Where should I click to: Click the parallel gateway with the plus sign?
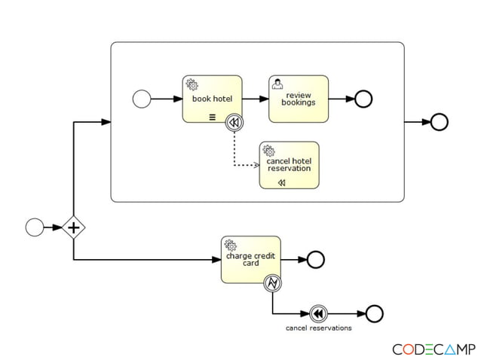(73, 227)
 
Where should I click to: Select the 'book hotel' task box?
(212, 99)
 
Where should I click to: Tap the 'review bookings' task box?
(299, 99)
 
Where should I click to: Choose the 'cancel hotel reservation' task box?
(289, 165)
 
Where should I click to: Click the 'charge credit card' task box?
(251, 260)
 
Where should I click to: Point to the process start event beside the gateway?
(35, 227)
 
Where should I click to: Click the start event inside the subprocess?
(141, 99)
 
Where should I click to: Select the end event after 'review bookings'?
(363, 99)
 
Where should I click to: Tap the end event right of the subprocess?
(439, 122)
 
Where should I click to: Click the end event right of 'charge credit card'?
(315, 260)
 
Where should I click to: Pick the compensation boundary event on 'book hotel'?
(234, 122)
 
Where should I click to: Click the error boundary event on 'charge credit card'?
(272, 283)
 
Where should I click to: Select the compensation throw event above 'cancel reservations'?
(318, 313)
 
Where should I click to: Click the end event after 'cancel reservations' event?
(374, 313)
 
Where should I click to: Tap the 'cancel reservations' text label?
(318, 328)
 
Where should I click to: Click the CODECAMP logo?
(434, 349)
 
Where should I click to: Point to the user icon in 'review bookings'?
(277, 84)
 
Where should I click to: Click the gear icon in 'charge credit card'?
(231, 245)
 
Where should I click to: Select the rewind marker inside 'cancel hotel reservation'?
(281, 182)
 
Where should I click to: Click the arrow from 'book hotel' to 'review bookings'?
(255, 99)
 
